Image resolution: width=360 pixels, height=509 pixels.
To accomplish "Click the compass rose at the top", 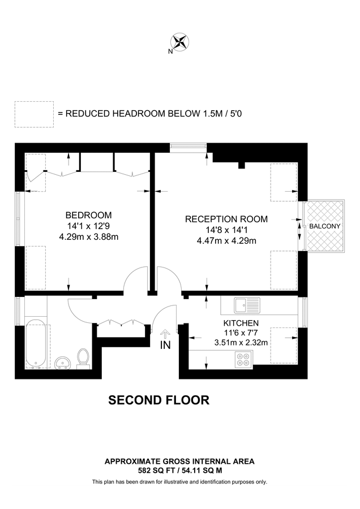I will [180, 41].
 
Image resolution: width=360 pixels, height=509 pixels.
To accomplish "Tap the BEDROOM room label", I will [88, 215].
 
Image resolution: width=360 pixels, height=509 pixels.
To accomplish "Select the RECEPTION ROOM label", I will [226, 219].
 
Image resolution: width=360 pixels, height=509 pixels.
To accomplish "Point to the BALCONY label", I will [325, 226].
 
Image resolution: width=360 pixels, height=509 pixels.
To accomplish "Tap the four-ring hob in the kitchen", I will [243, 359].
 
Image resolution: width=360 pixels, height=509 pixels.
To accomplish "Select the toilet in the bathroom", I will [83, 357].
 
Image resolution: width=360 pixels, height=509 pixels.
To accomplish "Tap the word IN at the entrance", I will [165, 344].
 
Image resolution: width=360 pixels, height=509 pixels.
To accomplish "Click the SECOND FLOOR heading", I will [159, 400].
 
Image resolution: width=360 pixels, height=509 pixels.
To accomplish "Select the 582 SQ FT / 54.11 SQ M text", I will [179, 470].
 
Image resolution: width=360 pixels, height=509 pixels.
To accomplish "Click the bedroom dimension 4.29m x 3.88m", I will [88, 237].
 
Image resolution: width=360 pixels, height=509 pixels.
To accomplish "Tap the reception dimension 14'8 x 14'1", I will [226, 230].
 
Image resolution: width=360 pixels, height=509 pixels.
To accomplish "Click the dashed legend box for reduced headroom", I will [34, 113].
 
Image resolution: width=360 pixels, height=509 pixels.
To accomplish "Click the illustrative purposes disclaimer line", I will [179, 482].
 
